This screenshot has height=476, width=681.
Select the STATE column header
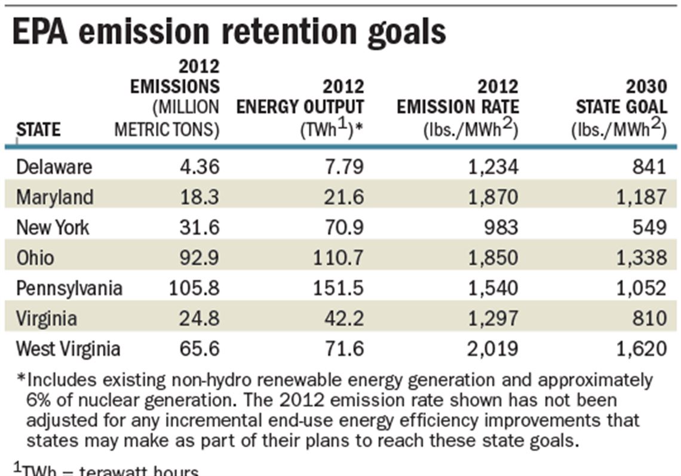pos(38,130)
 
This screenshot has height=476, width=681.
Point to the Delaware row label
pos(54,167)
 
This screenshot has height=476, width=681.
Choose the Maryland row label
pos(55,196)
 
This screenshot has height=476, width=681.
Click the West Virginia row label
pos(68,348)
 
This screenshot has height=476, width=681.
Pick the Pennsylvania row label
pos(69,288)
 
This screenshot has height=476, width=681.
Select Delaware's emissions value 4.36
pos(200,167)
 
